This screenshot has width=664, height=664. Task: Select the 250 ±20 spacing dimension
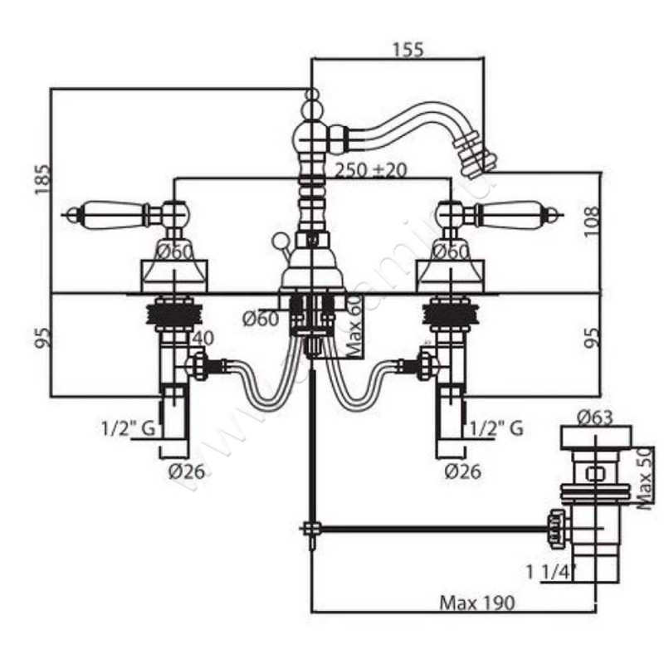[371, 170]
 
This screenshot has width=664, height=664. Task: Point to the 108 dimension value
[614, 222]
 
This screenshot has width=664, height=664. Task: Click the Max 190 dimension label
[477, 603]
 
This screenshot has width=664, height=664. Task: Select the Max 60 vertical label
[356, 326]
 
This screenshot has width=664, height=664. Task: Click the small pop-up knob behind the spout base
[280, 242]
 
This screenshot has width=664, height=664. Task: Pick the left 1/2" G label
[129, 428]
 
